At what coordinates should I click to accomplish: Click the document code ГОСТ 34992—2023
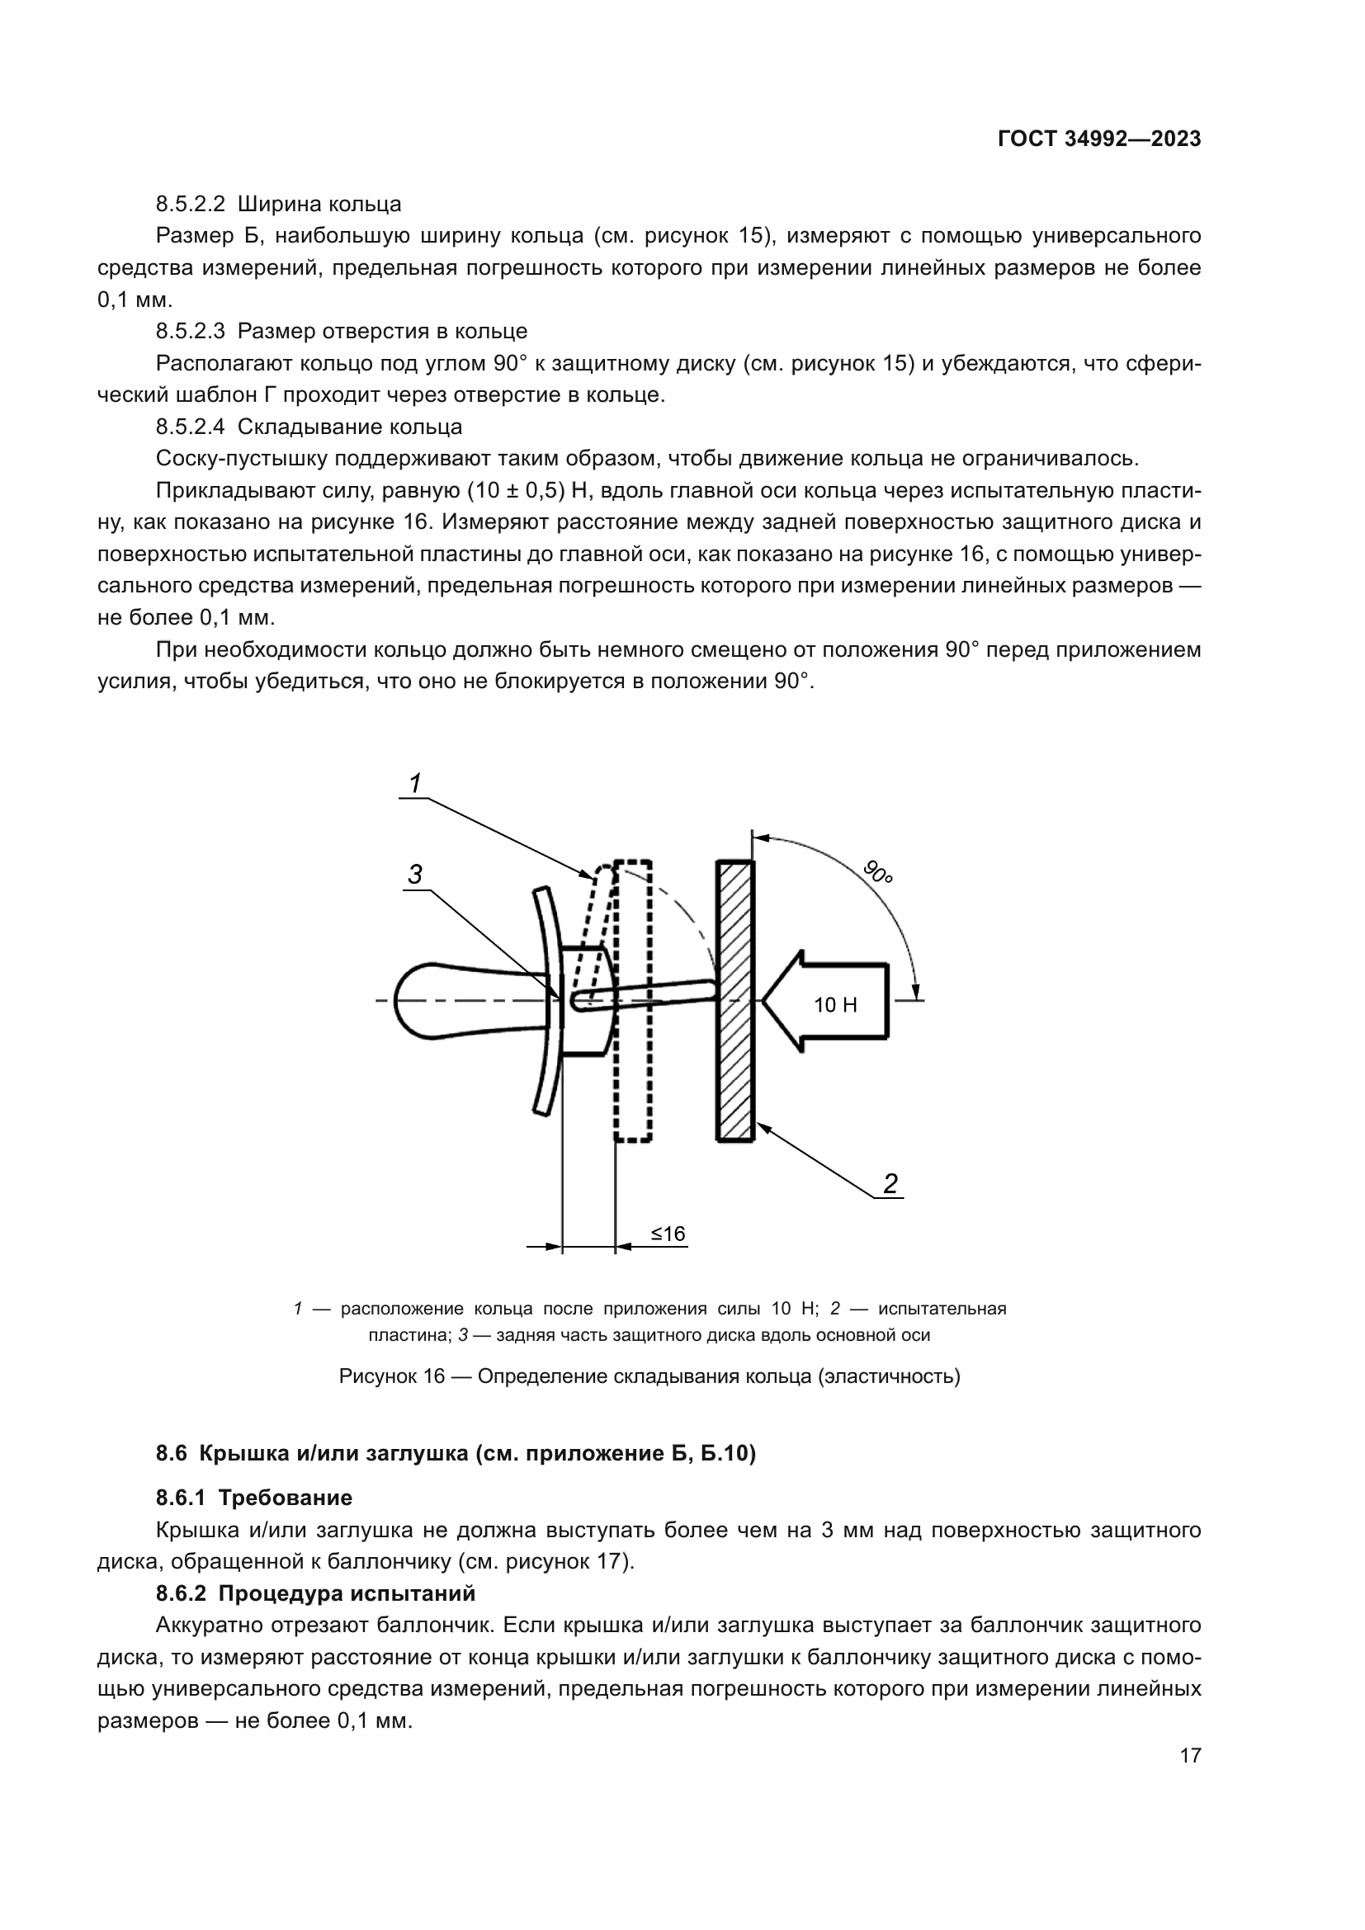click(1098, 139)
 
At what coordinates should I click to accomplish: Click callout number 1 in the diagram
click(414, 783)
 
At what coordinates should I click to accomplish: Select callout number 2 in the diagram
click(890, 1183)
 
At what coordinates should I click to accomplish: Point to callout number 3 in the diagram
click(414, 875)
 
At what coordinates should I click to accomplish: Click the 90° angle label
click(877, 872)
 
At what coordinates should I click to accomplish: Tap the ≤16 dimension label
click(668, 1233)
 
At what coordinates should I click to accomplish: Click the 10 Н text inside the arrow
click(835, 1004)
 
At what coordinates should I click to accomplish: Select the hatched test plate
click(734, 1000)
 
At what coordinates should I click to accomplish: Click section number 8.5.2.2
click(191, 204)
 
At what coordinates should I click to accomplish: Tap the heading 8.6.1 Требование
click(254, 1496)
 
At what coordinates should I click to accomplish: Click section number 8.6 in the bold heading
click(171, 1452)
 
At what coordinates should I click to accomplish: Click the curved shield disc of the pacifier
click(546, 1000)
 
